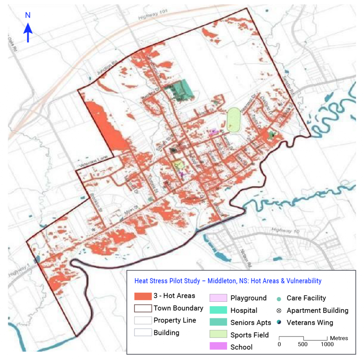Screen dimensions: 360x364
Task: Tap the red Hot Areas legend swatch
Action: point(143,296)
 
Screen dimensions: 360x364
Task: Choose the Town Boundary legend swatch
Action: point(143,308)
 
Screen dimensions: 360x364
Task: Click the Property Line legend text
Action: point(175,320)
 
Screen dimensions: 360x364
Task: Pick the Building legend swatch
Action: point(143,333)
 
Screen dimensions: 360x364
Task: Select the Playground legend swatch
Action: point(218,298)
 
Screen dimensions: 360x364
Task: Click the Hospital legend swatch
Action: point(218,310)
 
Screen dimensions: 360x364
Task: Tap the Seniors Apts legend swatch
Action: point(218,322)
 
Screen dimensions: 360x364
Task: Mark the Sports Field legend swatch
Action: point(218,335)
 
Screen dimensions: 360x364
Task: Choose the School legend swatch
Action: point(218,347)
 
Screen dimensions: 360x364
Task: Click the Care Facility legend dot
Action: point(279,298)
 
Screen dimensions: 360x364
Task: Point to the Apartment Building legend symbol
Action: point(279,311)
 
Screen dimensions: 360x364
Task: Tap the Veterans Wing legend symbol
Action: point(279,323)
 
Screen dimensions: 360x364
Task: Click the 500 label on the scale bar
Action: point(303,344)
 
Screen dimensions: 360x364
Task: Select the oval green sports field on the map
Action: point(233,120)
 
